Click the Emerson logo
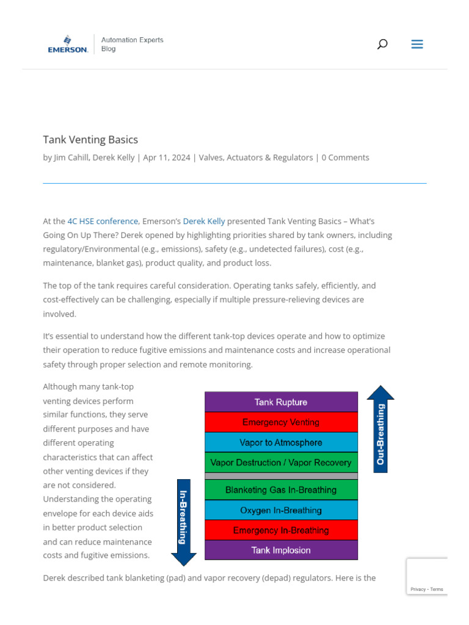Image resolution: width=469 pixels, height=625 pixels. [68, 45]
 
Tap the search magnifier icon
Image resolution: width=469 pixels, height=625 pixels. [382, 44]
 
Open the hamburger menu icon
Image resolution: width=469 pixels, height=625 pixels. [417, 44]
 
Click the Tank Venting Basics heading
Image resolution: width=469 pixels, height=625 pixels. [90, 140]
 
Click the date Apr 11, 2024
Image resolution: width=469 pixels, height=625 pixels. [166, 157]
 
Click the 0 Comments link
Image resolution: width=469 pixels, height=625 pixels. [345, 157]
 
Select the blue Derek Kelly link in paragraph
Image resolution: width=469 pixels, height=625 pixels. [204, 221]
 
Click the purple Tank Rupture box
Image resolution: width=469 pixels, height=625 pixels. [281, 402]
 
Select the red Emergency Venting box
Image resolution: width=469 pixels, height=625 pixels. [281, 422]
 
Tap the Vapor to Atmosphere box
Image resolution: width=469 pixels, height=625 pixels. [281, 443]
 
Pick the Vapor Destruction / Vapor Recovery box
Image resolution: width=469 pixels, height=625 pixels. [281, 463]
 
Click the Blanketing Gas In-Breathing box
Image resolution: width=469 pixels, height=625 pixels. [281, 490]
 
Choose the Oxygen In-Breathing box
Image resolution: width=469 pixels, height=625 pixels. [281, 510]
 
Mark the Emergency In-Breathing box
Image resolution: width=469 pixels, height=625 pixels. [281, 530]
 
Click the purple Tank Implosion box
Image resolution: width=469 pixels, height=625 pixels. [281, 551]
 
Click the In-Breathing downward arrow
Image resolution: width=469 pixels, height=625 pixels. [183, 519]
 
